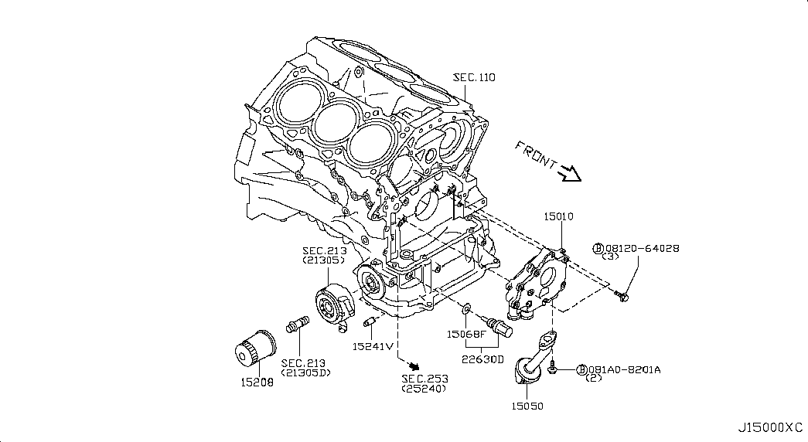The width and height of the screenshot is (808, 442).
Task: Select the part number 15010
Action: (557, 217)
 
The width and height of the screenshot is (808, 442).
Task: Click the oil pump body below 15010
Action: (536, 283)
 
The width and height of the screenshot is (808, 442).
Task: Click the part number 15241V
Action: (373, 345)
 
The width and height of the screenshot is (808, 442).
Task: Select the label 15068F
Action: (466, 334)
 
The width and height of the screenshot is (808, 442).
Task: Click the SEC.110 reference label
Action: (474, 77)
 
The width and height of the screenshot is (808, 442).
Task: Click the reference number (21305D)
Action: (305, 373)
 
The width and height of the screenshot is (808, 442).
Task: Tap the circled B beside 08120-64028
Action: (598, 248)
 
